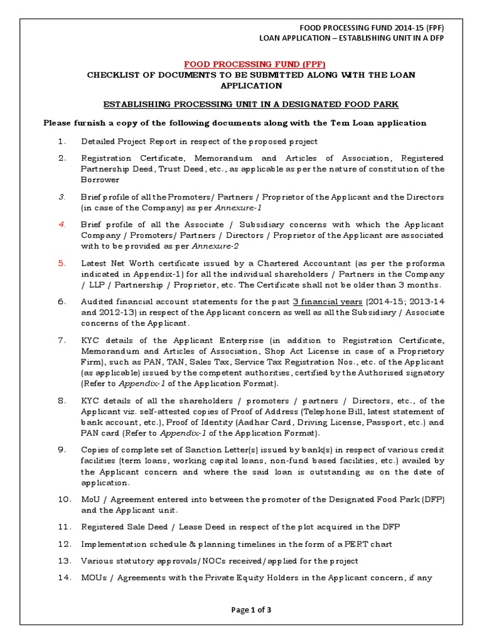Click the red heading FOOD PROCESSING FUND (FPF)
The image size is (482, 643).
(x=254, y=64)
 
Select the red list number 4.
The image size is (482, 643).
(x=62, y=224)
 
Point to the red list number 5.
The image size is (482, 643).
(x=62, y=263)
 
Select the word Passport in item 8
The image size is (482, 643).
(x=372, y=423)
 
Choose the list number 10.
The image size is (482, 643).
(x=65, y=499)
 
